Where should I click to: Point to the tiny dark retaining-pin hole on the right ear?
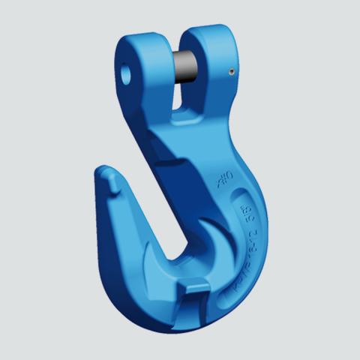click(232, 72)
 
